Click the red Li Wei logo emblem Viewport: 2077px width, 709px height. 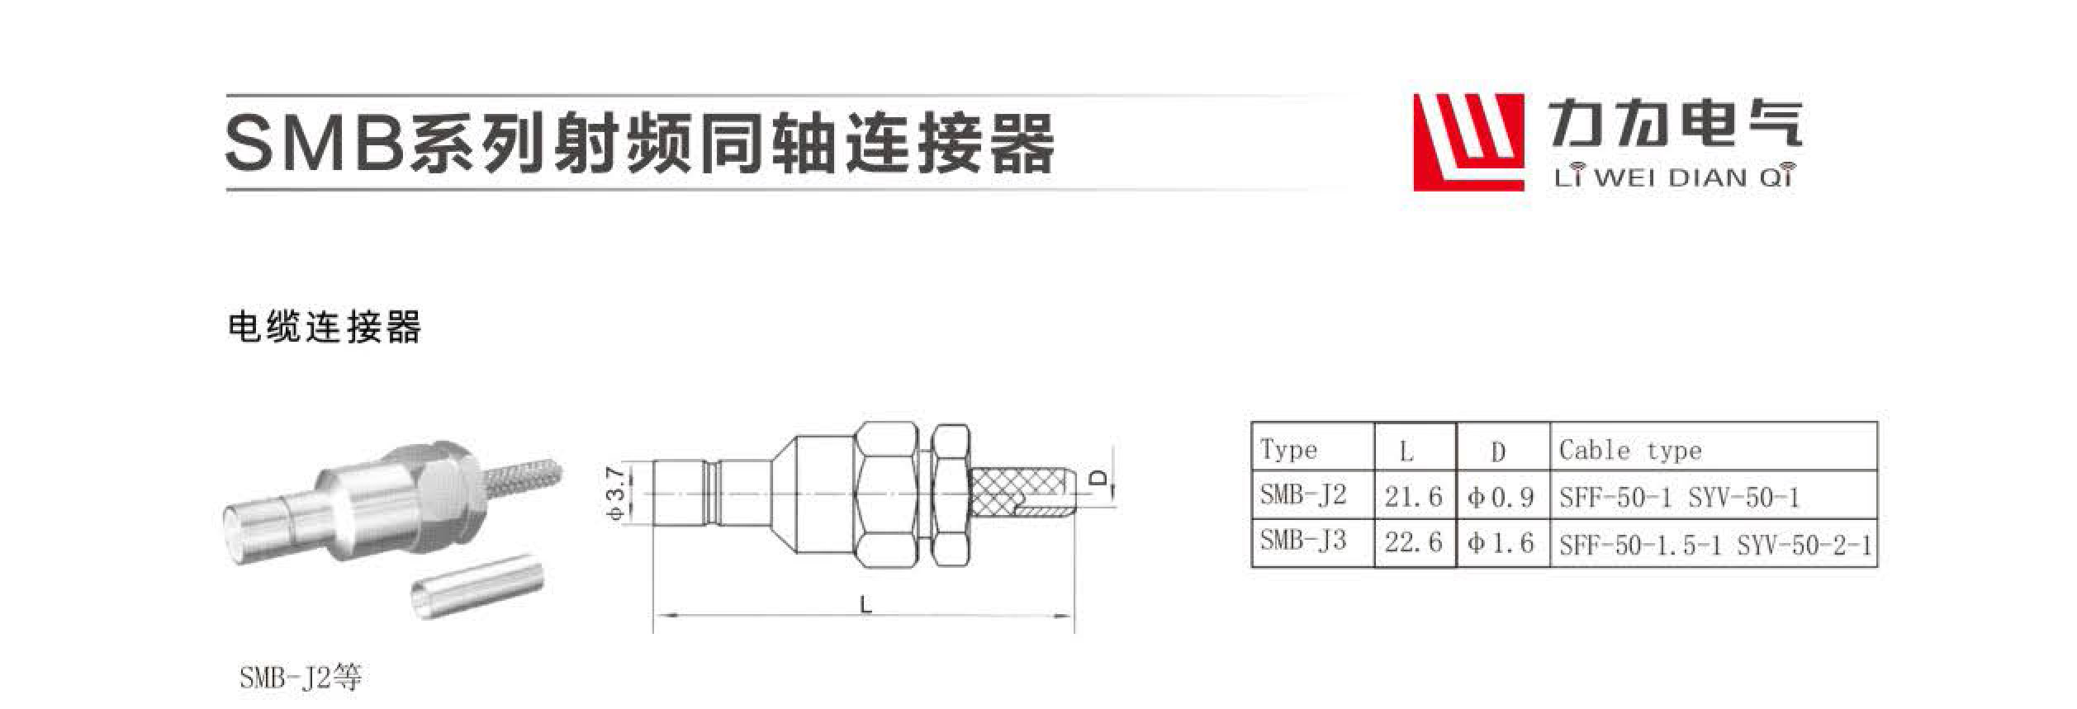[1468, 142]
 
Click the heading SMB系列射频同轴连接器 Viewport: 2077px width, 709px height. [640, 143]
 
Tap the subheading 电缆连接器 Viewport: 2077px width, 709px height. [325, 328]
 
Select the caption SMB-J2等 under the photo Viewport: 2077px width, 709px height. [301, 678]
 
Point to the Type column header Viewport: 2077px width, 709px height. [1288, 451]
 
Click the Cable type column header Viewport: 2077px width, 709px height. [1630, 451]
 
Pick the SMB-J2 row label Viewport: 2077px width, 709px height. [1303, 495]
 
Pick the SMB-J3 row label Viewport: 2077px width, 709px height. [1303, 541]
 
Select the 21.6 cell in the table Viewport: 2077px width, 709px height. [1414, 497]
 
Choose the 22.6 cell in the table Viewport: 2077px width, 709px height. [1414, 542]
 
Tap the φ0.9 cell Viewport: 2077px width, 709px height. [1501, 497]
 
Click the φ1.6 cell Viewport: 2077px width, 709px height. [1501, 542]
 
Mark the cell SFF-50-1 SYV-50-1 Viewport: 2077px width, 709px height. [1679, 498]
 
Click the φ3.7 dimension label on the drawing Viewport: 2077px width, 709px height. [617, 493]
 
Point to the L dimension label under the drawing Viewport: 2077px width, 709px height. [865, 605]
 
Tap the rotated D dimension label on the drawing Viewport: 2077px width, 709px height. [1098, 477]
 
